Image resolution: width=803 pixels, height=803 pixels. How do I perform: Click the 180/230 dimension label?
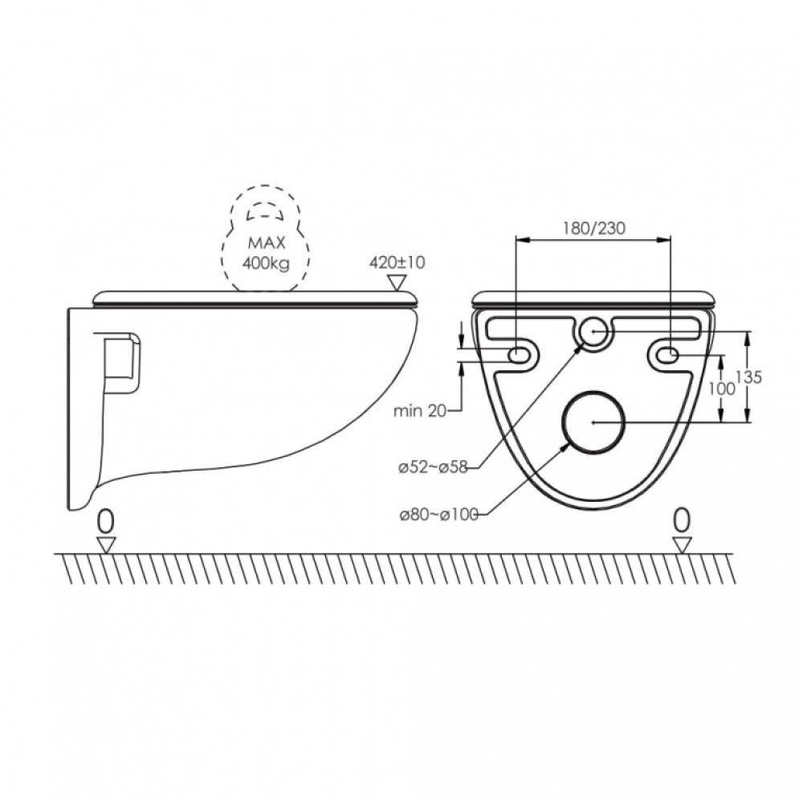click(x=594, y=228)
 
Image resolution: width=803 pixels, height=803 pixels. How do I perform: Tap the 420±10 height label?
click(x=397, y=263)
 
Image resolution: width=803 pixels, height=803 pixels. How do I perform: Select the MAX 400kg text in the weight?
click(x=265, y=253)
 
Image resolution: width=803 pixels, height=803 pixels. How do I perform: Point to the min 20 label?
click(x=420, y=410)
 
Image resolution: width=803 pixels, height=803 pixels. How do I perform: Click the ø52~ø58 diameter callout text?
click(x=434, y=467)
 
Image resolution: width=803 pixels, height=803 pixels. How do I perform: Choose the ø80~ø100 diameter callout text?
click(x=439, y=514)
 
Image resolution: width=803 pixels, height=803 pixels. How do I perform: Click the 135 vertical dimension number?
click(x=748, y=377)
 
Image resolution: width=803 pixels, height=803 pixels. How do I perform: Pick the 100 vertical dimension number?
click(x=722, y=389)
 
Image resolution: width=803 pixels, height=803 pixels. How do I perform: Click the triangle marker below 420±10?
click(x=397, y=282)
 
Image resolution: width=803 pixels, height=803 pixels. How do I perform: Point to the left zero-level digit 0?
click(x=106, y=523)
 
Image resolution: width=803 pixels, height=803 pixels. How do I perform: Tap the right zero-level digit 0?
click(x=682, y=521)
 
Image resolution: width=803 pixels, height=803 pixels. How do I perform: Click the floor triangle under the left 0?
click(x=106, y=545)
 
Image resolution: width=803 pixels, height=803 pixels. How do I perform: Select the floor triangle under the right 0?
click(x=682, y=545)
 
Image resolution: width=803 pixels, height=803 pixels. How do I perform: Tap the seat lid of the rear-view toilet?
click(x=593, y=299)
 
